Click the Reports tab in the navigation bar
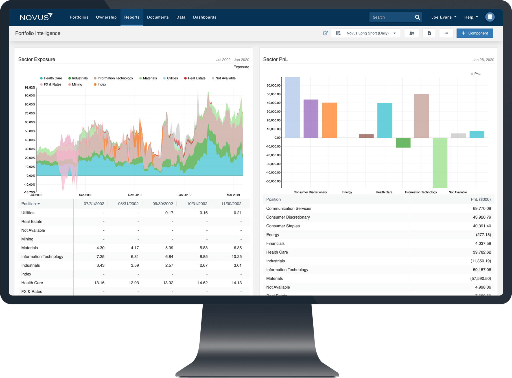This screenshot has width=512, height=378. pyautogui.click(x=132, y=17)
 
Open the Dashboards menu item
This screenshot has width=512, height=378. pyautogui.click(x=205, y=17)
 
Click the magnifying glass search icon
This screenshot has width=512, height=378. pyautogui.click(x=417, y=17)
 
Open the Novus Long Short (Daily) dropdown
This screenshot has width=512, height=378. pyautogui.click(x=367, y=33)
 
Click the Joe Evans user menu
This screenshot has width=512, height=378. pyautogui.click(x=443, y=17)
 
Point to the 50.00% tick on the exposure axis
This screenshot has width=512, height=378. pyautogui.click(x=30, y=131)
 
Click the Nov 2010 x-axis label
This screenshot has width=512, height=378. pyautogui.click(x=135, y=195)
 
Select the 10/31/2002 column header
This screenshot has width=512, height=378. pyautogui.click(x=197, y=204)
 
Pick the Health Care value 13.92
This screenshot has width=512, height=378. pyautogui.click(x=168, y=283)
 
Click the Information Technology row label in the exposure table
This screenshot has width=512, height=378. pyautogui.click(x=42, y=256)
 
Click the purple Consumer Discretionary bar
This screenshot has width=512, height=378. pyautogui.click(x=311, y=118)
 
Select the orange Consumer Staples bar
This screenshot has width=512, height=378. pyautogui.click(x=329, y=120)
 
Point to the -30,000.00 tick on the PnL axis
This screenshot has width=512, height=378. pyautogui.click(x=273, y=164)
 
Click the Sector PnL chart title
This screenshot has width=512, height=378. pyautogui.click(x=275, y=59)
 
